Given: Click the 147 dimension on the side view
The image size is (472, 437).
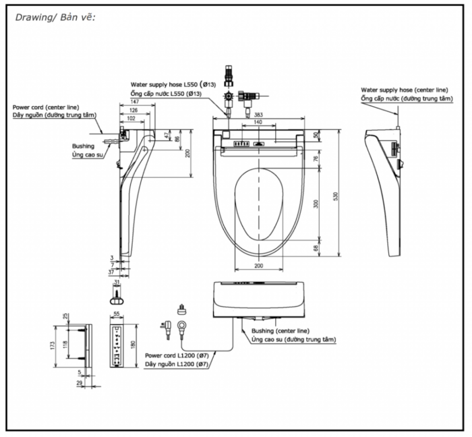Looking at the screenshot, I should click(136, 102).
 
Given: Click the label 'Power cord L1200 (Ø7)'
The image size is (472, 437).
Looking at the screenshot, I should click(177, 355).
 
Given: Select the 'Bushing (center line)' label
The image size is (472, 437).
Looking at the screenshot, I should click(281, 331).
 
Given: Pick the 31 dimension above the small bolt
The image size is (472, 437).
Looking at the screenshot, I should click(117, 282).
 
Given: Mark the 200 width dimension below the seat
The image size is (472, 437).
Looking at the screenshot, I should click(258, 267).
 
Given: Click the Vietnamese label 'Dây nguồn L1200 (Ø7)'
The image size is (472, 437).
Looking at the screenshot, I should click(177, 364).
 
